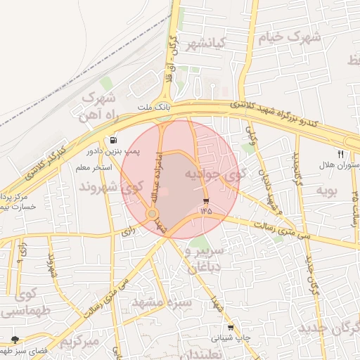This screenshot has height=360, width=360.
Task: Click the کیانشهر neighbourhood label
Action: point(203,44)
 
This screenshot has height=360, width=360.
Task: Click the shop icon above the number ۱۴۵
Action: point(205,200)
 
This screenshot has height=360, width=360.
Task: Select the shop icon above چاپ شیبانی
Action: point(230,328)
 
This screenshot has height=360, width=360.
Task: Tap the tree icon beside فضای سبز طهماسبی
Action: point(15,340)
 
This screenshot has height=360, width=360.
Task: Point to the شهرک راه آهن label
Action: point(99,105)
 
